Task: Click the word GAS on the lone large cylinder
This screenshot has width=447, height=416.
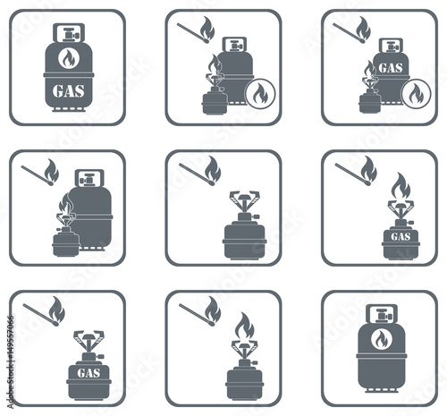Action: coord(68,90)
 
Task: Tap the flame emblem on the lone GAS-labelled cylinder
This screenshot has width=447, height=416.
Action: coord(68,58)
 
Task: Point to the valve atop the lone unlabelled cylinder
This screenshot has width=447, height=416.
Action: coord(382,316)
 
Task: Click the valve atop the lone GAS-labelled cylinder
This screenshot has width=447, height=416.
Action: coord(70,35)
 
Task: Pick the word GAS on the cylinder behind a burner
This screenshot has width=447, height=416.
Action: coord(391,68)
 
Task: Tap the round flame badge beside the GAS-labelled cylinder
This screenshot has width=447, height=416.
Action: coord(416,94)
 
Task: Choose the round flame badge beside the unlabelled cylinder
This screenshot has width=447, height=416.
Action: coord(260,93)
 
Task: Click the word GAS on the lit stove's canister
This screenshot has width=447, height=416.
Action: coord(401,237)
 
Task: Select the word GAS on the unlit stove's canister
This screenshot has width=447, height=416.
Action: coord(89,373)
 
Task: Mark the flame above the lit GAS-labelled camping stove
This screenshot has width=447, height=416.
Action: coord(401,186)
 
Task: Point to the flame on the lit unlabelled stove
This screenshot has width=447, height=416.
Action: coord(245,327)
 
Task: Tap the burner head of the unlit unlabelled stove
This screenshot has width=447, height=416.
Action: coord(244,198)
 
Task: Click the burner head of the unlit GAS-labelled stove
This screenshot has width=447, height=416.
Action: coord(88,337)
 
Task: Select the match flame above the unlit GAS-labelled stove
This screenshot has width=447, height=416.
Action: coord(56,310)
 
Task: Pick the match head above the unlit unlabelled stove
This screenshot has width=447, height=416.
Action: coord(211,183)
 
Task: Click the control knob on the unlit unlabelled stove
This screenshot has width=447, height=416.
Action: coord(256,216)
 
